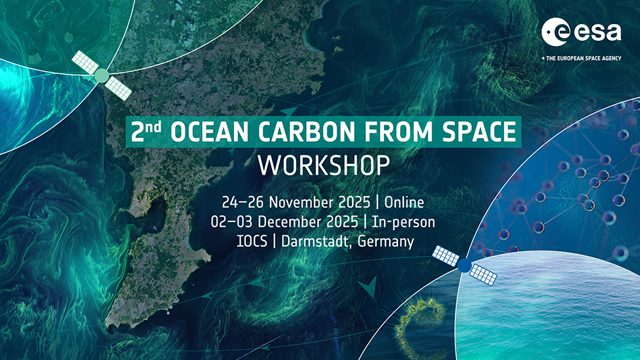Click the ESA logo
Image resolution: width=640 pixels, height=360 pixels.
pyautogui.click(x=581, y=32)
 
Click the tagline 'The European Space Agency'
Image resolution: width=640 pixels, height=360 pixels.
pyautogui.click(x=581, y=59)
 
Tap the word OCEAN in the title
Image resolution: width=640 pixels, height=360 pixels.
pyautogui.click(x=209, y=132)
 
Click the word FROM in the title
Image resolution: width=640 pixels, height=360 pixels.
pyautogui.click(x=397, y=132)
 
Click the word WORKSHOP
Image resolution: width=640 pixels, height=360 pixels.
pyautogui.click(x=324, y=165)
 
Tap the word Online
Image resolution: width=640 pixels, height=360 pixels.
pyautogui.click(x=404, y=203)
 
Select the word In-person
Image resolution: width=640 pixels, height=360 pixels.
pyautogui.click(x=403, y=223)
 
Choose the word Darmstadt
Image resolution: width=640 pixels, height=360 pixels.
pyautogui.click(x=315, y=241)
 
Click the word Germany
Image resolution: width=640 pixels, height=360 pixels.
pyautogui.click(x=386, y=242)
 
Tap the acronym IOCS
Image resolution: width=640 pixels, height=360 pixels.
pyautogui.click(x=252, y=241)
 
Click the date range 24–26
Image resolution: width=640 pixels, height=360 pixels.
pyautogui.click(x=243, y=203)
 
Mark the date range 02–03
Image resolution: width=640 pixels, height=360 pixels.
pyautogui.click(x=232, y=222)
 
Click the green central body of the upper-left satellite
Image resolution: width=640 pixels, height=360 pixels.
pyautogui.click(x=101, y=75)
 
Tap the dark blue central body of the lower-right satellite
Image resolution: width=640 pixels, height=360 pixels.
pyautogui.click(x=464, y=265)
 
